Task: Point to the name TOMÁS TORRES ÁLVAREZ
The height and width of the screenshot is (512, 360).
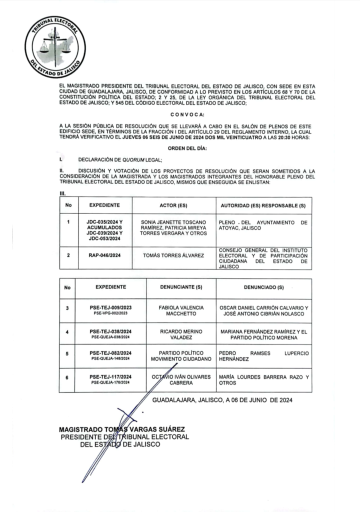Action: pyautogui.click(x=173, y=255)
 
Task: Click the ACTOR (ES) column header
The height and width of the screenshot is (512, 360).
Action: pyautogui.click(x=173, y=205)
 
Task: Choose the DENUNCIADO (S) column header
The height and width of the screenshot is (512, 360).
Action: pyautogui.click(x=263, y=287)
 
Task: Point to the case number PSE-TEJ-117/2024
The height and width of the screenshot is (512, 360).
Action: pyautogui.click(x=110, y=376)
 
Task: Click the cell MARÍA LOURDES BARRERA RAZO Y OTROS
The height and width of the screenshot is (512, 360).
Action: pyautogui.click(x=263, y=379)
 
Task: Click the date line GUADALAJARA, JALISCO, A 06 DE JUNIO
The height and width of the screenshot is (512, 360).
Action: pyautogui.click(x=222, y=400)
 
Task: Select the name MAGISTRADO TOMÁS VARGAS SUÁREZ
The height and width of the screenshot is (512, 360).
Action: pyautogui.click(x=122, y=429)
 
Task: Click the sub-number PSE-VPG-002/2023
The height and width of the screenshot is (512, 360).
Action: pyautogui.click(x=110, y=313)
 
